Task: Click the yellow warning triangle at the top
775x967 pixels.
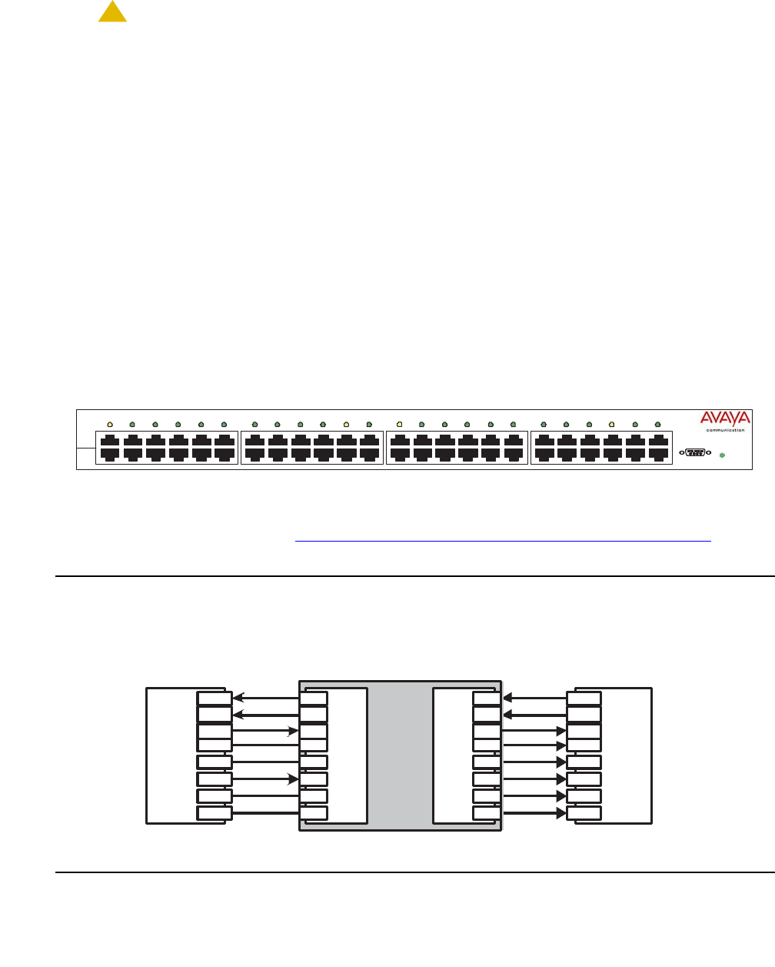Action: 112,12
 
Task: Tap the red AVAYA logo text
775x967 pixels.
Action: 725,418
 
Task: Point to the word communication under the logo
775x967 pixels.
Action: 725,430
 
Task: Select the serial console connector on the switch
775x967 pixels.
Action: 695,452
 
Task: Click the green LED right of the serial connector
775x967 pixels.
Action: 721,455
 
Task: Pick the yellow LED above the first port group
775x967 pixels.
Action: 110,424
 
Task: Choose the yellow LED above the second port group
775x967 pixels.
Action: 346,424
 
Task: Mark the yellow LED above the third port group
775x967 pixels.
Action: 398,424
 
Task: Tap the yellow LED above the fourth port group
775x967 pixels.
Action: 611,424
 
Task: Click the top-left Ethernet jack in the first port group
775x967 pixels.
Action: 110,441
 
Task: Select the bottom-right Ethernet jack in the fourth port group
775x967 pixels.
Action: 657,455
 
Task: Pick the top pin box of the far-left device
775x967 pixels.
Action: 214,699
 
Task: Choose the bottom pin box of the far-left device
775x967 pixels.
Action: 214,813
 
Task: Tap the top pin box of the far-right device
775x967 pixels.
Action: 584,699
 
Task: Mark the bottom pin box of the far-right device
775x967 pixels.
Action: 584,813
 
